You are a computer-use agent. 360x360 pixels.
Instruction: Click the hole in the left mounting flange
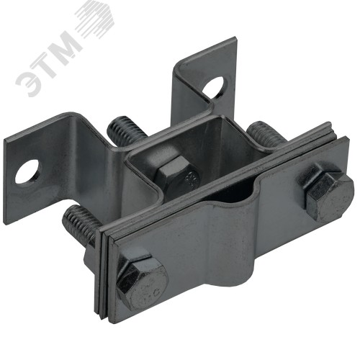pyautogui.click(x=28, y=171)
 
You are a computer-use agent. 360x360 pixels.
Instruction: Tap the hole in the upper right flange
pyautogui.click(x=215, y=88)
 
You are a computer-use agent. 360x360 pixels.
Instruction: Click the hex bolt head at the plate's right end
pyautogui.click(x=330, y=193)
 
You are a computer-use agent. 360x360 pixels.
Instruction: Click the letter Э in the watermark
pyautogui.click(x=30, y=82)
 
